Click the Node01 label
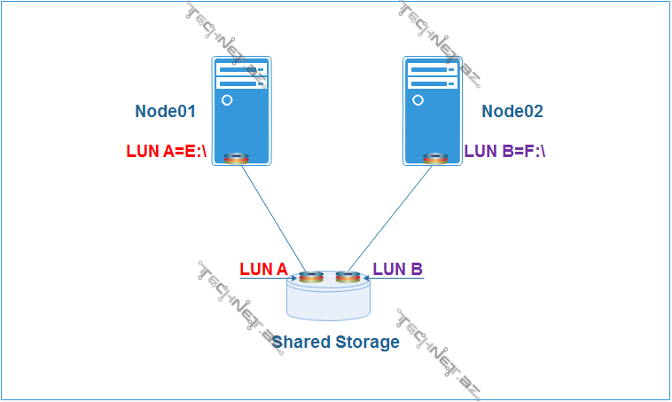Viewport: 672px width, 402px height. [x=165, y=112]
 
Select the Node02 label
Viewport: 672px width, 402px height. [x=512, y=112]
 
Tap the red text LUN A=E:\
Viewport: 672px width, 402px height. [x=167, y=151]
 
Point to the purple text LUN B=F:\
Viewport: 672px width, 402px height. [x=504, y=151]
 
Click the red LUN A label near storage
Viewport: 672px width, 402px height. [x=263, y=269]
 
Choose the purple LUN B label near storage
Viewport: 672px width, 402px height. [x=397, y=269]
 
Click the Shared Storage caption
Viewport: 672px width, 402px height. [x=335, y=342]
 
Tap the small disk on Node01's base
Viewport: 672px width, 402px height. [x=237, y=158]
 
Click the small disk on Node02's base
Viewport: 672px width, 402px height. [x=434, y=158]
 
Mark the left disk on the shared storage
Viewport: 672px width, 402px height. [x=311, y=277]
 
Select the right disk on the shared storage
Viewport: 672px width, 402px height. [x=348, y=277]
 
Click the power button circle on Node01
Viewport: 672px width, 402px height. [x=227, y=100]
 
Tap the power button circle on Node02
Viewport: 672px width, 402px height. [x=418, y=100]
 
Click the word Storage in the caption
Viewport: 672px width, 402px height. [x=366, y=342]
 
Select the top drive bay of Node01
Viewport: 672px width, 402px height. [x=241, y=68]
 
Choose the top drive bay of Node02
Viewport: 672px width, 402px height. [x=433, y=68]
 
